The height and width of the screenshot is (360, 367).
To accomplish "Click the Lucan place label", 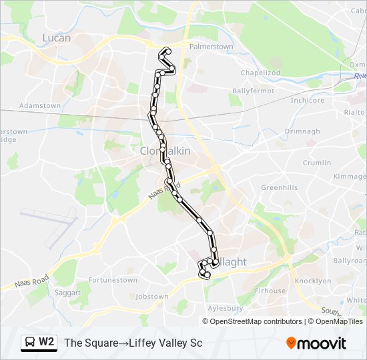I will (x=56, y=38).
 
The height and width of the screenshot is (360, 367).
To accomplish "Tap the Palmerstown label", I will (x=212, y=47).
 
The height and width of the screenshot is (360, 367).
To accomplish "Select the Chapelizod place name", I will (x=260, y=72).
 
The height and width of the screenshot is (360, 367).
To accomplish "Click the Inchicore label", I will (x=307, y=101).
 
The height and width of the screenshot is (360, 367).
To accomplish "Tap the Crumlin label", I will (x=316, y=163).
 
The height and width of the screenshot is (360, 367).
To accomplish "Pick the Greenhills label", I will (x=280, y=187).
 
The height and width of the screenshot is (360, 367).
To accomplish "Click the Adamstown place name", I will (x=40, y=105).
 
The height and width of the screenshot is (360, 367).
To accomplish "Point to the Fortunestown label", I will (x=113, y=280).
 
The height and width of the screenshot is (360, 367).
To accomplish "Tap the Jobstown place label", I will (x=151, y=296).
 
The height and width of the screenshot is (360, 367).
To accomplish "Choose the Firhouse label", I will (x=270, y=291).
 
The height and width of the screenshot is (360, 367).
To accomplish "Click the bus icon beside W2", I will (x=30, y=343).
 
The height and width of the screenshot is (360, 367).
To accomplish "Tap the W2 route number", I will (x=47, y=343).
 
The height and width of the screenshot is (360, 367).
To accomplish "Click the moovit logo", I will (x=316, y=343).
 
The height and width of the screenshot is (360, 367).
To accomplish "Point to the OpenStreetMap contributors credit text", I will (x=256, y=321).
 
